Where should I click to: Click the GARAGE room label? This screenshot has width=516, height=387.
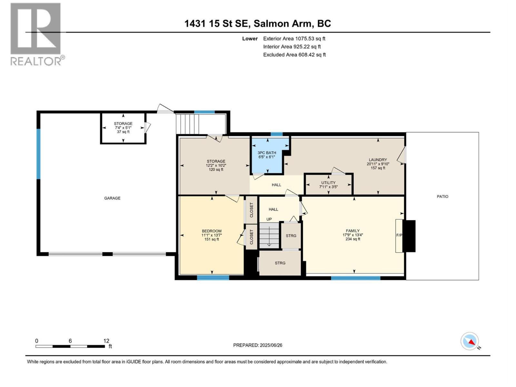click(112, 198)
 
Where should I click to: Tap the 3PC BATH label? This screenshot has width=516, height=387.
click(267, 153)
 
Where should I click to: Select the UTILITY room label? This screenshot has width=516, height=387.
click(328, 183)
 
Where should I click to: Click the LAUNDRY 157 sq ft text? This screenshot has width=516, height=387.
click(378, 168)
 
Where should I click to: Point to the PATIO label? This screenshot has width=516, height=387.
click(442, 196)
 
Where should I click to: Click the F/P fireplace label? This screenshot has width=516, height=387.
click(399, 235)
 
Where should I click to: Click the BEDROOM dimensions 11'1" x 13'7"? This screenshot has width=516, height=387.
click(212, 235)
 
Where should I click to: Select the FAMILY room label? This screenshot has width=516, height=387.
click(352, 231)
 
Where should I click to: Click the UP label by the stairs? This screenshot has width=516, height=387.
click(269, 219)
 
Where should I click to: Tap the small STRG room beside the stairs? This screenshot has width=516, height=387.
click(291, 236)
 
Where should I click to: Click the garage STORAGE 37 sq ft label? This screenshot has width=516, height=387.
click(123, 132)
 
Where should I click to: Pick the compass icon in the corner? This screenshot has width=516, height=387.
click(470, 341)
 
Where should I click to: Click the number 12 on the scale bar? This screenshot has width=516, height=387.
click(106, 341)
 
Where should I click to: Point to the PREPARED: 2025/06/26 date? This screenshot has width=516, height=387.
click(258, 345)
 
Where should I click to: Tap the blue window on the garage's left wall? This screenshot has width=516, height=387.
click(38, 154)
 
